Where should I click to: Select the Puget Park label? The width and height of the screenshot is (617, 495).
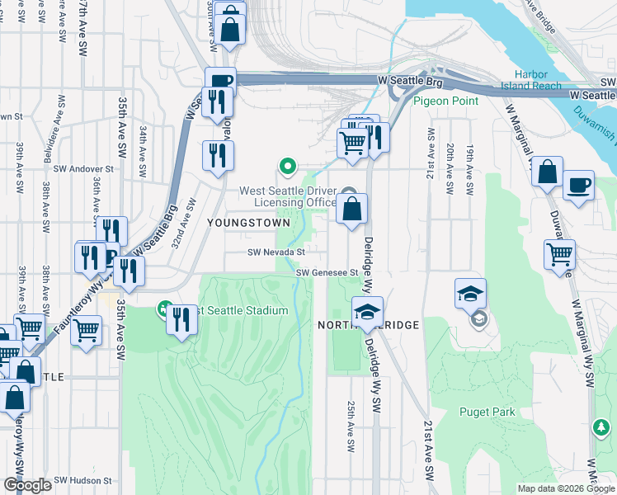point(487,412)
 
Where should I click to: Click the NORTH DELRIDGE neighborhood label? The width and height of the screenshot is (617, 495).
point(369,326)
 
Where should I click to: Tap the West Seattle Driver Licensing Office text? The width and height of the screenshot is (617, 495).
point(287,196)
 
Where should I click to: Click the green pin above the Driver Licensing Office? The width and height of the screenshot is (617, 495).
point(287,167)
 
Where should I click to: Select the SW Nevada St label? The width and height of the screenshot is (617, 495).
point(277,252)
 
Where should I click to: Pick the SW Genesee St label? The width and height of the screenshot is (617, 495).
point(327,272)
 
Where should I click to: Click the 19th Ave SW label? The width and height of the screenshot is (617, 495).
point(469,168)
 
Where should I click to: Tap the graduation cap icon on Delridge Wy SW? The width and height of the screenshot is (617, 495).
point(367,311)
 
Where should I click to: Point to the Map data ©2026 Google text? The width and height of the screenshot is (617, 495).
point(565,488)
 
